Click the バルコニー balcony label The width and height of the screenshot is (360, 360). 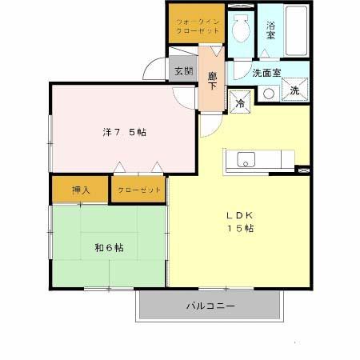coord(210,305)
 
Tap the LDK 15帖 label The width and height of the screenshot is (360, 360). coord(238,222)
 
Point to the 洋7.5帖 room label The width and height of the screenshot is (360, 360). coord(124,131)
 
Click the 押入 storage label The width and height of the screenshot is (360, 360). coord(81,190)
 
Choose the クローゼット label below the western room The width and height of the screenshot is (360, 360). coord(138,190)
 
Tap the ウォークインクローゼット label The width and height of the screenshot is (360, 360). coord(196,24)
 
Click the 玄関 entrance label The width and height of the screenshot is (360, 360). coord(183,70)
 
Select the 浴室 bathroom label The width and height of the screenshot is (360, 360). coord(271,30)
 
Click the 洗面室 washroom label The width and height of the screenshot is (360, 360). coord(266,73)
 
